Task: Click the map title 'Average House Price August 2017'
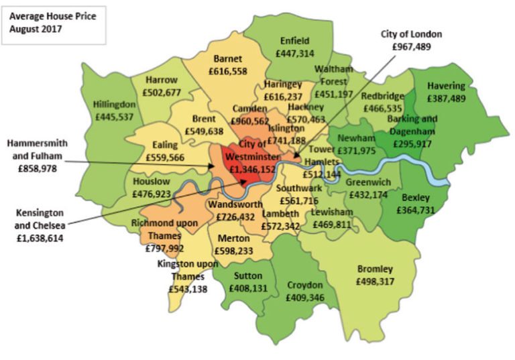coord(52,23)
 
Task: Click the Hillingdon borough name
coord(115,105)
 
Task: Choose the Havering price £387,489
coord(455,98)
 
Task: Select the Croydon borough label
coord(305,285)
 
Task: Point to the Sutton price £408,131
coord(249,288)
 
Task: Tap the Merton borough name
coord(234,238)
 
